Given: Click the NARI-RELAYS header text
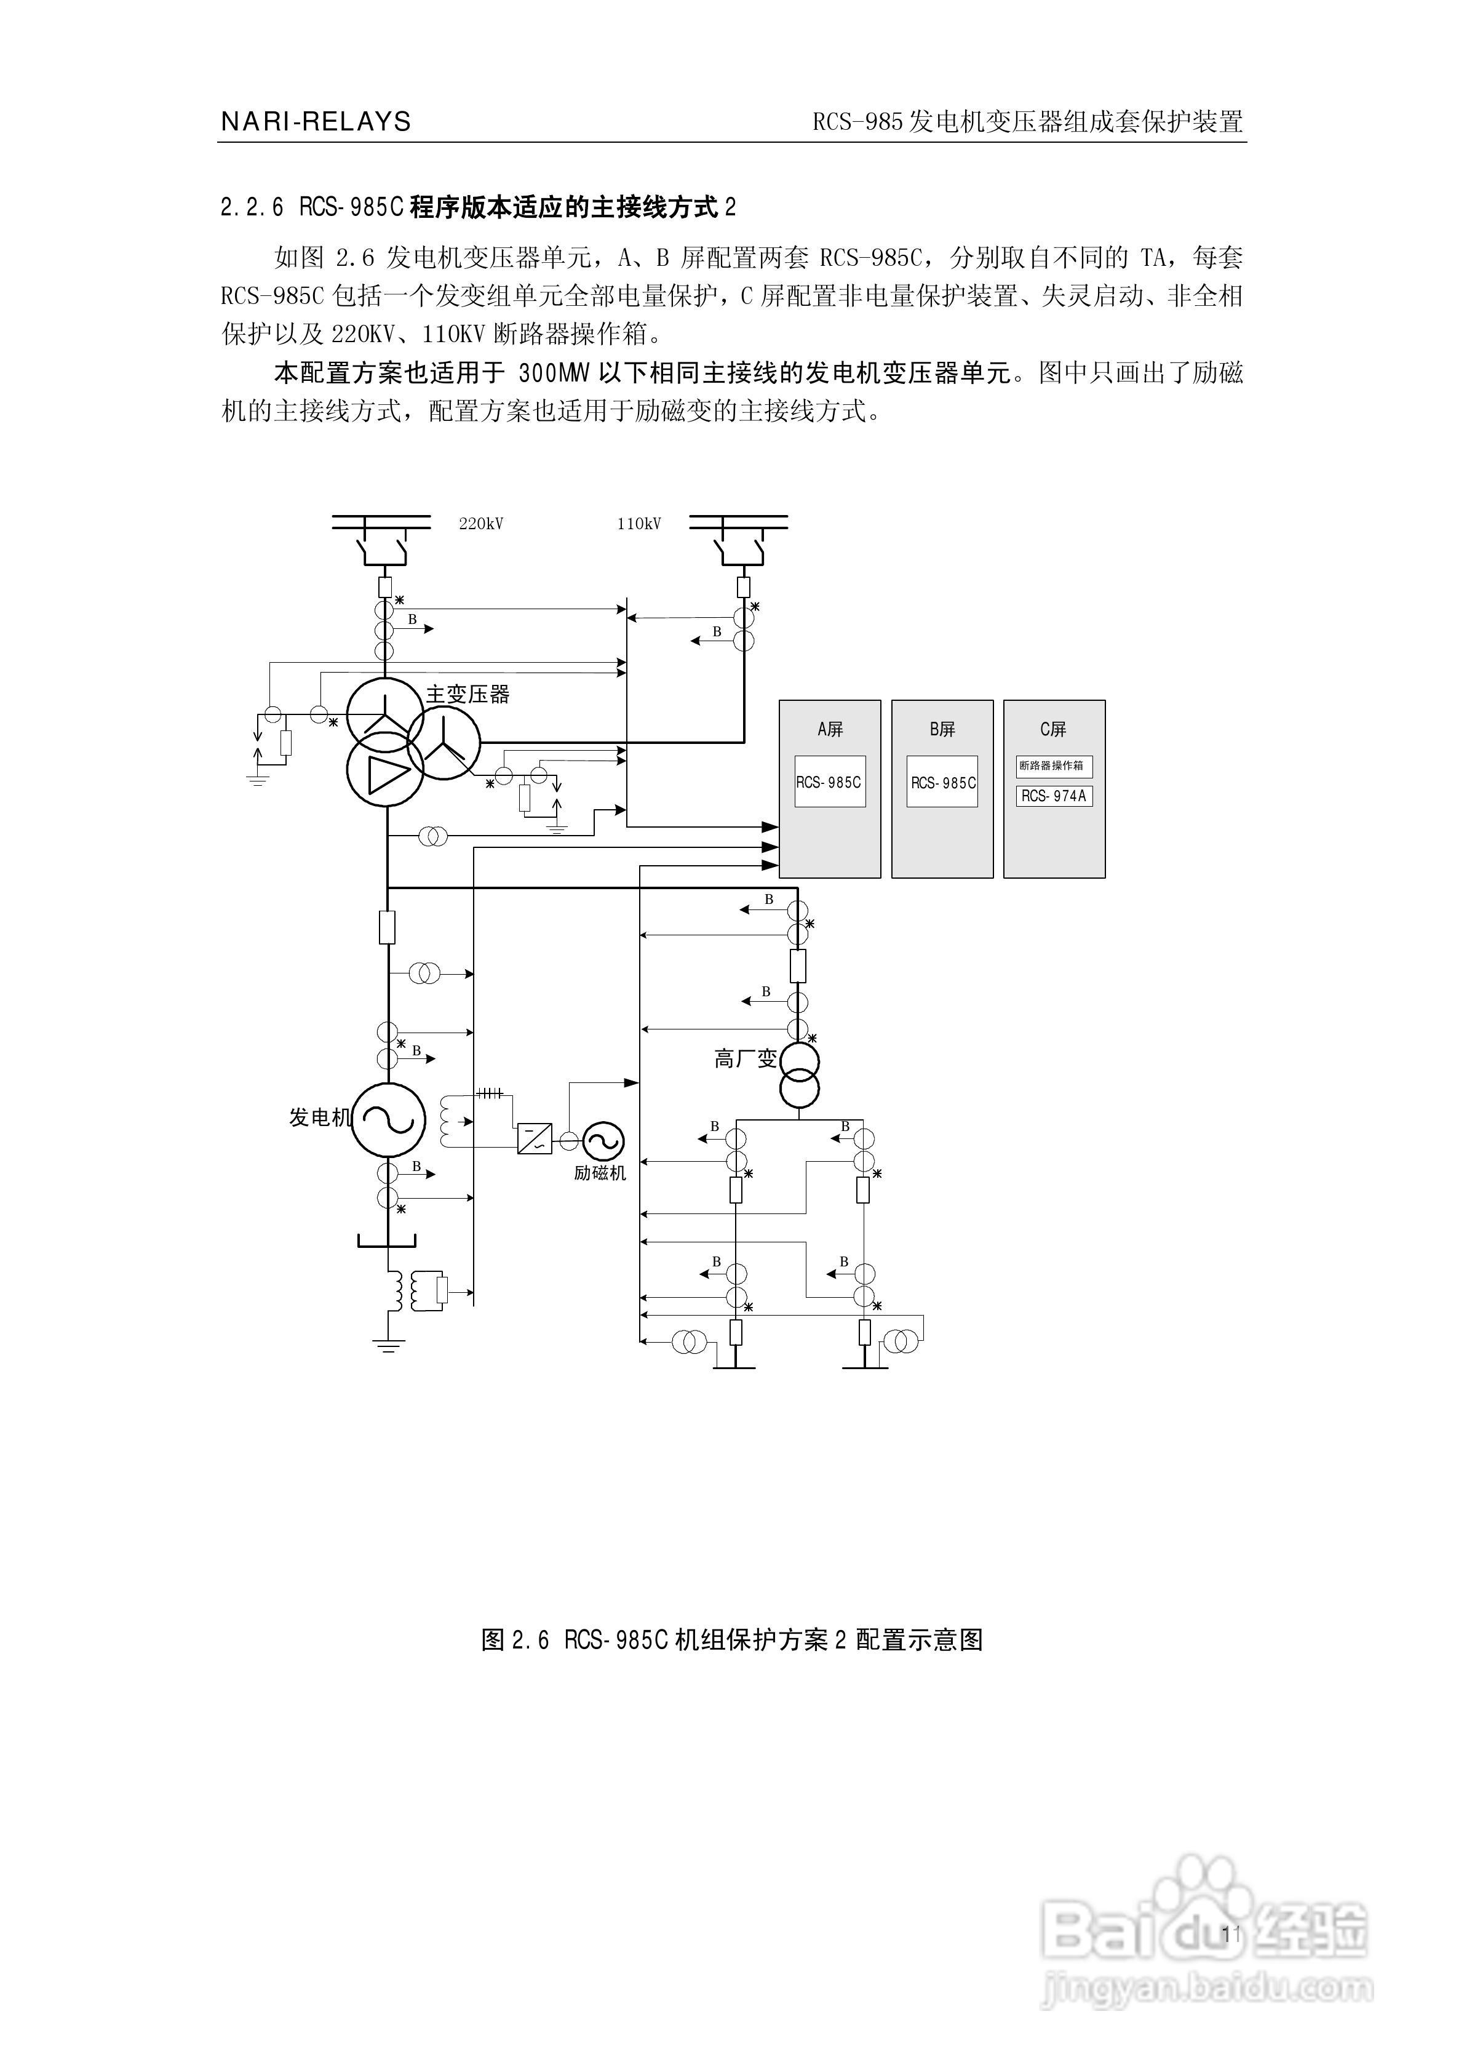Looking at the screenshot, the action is click(316, 122).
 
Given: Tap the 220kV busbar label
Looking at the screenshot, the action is click(480, 524).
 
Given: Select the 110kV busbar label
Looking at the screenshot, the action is click(639, 524).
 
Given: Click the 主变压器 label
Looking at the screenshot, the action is click(468, 694).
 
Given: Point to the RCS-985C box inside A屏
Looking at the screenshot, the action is click(829, 781).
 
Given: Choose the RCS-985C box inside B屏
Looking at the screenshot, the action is click(942, 781).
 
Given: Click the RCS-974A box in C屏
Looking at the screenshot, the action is click(1054, 796).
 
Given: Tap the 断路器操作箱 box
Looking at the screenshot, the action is click(1054, 766).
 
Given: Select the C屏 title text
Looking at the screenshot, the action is click(1053, 729).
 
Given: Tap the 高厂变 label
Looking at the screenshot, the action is click(745, 1060).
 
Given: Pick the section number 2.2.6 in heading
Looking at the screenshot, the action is click(252, 208).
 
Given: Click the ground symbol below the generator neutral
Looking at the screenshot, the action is click(389, 1346).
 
